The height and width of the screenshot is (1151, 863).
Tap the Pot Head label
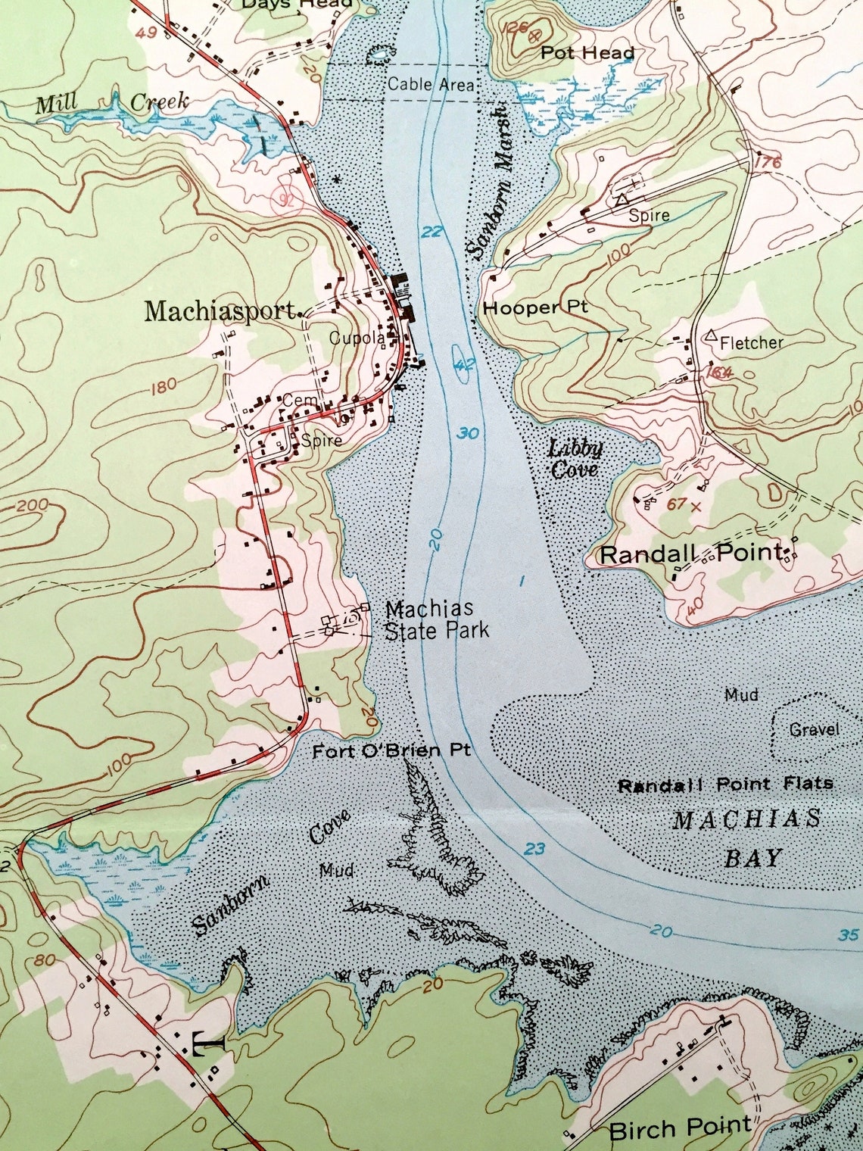point(587,53)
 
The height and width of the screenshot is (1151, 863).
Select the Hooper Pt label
point(535,308)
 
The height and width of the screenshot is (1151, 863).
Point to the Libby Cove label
point(575,459)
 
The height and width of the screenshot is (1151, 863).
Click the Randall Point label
point(690,554)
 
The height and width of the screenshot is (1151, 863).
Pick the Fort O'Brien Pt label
point(391,750)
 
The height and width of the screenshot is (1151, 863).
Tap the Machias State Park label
point(437,619)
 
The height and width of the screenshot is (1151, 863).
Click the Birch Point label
point(680,1129)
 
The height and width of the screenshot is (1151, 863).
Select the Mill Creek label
point(112,103)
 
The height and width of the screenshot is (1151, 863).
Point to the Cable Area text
point(431,84)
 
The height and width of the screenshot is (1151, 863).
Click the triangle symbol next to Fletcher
point(710,335)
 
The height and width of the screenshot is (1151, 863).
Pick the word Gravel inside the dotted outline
point(814,729)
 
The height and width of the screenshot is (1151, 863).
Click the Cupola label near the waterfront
point(357,338)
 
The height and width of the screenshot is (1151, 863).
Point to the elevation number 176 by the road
point(767,163)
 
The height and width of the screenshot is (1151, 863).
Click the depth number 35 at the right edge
point(849,935)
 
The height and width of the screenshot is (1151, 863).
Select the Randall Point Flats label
point(725,784)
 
